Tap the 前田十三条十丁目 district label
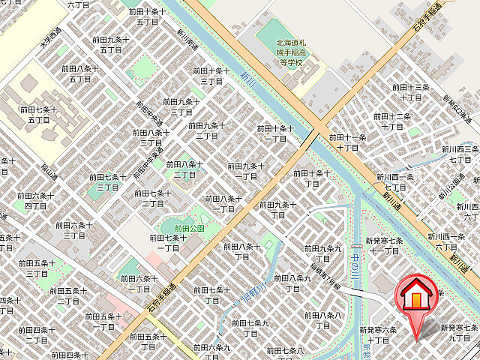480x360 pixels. coord(410,92)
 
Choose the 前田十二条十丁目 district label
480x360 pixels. coord(391,121)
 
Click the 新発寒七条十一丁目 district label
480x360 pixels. coord(382,245)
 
